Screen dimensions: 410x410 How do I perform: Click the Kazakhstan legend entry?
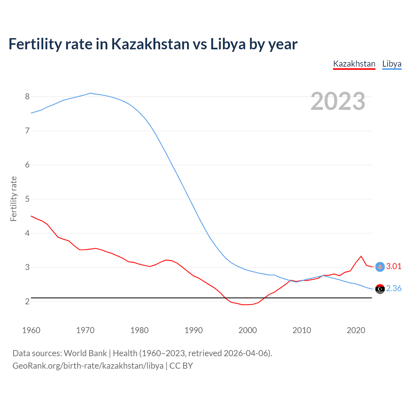click(x=354, y=64)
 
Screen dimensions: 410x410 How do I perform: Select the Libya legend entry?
click(x=392, y=64)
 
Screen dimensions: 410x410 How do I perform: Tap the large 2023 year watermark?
click(x=338, y=101)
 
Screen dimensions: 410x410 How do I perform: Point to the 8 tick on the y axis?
click(x=27, y=96)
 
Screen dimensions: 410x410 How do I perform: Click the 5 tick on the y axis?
click(x=27, y=199)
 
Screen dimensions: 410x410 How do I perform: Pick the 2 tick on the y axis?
click(x=27, y=301)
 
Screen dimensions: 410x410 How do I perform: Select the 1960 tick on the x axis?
click(x=31, y=330)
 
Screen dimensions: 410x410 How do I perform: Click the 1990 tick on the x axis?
click(x=193, y=330)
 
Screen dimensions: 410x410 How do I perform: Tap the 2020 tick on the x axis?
click(x=356, y=330)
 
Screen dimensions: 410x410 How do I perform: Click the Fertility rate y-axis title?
click(x=13, y=199)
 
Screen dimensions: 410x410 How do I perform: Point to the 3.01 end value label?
click(x=394, y=266)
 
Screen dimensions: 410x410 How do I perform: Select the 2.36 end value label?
click(x=394, y=288)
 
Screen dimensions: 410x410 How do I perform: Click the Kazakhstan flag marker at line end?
click(x=380, y=267)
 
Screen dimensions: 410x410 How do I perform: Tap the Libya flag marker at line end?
click(x=380, y=289)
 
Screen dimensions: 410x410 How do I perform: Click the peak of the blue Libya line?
click(x=90, y=93)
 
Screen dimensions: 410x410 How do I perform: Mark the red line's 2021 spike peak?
click(x=361, y=256)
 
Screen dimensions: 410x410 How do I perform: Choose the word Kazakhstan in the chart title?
click(x=150, y=44)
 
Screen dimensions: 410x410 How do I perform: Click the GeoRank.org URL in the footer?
click(x=88, y=366)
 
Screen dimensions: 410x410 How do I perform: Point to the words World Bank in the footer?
click(x=85, y=353)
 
